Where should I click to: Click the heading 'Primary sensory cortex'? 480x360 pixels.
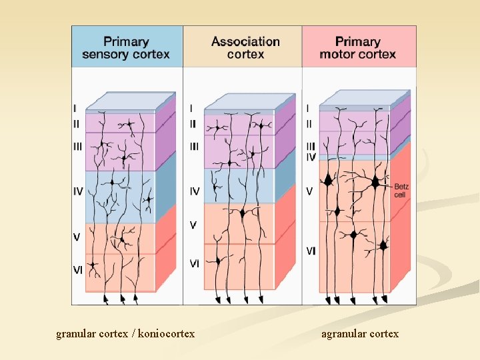[x=126, y=47]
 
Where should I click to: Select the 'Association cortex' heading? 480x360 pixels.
[x=245, y=47]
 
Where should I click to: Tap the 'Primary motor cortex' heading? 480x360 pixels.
[x=357, y=47]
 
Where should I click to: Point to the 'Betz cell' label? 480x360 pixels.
[x=400, y=191]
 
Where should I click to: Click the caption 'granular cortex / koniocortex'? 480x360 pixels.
[x=125, y=333]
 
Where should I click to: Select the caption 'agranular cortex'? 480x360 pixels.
[x=360, y=333]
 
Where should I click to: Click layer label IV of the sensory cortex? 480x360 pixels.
[x=78, y=191]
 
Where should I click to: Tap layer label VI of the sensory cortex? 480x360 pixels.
[x=77, y=269]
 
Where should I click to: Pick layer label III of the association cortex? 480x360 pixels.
[x=194, y=146]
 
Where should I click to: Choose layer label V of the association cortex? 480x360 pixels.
[x=193, y=225]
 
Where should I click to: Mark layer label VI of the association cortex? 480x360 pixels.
[x=194, y=263]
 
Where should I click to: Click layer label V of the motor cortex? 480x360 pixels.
[x=309, y=191]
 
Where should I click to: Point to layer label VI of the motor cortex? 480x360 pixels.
[x=311, y=251]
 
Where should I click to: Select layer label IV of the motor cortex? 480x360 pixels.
[x=311, y=157]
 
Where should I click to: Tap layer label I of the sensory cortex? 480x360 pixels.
[x=75, y=107]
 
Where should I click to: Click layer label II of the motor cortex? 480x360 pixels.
[x=309, y=123]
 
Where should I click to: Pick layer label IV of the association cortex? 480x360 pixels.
[x=195, y=191]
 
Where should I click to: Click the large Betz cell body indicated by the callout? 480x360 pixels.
[x=377, y=181]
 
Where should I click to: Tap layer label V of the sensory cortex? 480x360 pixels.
[x=77, y=236]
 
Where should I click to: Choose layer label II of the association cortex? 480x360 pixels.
[x=193, y=123]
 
